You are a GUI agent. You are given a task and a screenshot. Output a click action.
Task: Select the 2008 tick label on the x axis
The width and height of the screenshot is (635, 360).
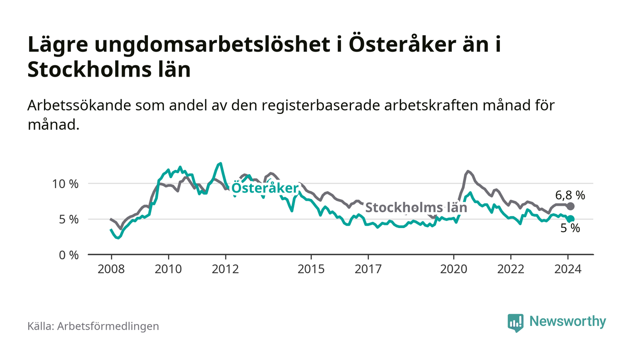111,268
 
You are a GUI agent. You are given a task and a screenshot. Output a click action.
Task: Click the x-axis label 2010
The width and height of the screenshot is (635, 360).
168,268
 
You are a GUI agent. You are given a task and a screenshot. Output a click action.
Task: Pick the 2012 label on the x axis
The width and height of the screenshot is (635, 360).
225,268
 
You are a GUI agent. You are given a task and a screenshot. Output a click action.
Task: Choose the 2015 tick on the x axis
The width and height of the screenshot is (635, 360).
311,268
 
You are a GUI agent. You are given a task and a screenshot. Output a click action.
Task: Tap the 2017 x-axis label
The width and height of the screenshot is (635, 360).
368,268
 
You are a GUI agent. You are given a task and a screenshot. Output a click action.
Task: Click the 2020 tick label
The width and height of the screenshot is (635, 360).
454,268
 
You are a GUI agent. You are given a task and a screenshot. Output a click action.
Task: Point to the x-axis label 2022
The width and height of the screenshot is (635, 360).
511,268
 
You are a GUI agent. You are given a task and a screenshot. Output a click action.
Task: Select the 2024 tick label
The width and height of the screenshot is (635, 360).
568,268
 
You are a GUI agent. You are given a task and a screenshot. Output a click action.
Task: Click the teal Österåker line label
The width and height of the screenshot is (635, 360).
265,188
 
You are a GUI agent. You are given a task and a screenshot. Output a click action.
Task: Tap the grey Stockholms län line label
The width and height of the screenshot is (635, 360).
416,208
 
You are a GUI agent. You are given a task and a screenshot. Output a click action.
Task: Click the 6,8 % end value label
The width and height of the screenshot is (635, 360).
570,196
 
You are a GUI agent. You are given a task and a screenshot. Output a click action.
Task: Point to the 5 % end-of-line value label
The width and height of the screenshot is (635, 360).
570,229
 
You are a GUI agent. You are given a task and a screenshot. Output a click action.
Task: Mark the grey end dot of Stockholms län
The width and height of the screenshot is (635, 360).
571,206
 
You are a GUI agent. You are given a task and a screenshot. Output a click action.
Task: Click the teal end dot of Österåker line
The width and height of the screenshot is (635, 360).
571,219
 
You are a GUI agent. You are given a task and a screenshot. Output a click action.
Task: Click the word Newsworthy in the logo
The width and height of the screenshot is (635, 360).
567,321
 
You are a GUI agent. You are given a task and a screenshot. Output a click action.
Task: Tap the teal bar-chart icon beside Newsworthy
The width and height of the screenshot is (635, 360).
515,322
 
